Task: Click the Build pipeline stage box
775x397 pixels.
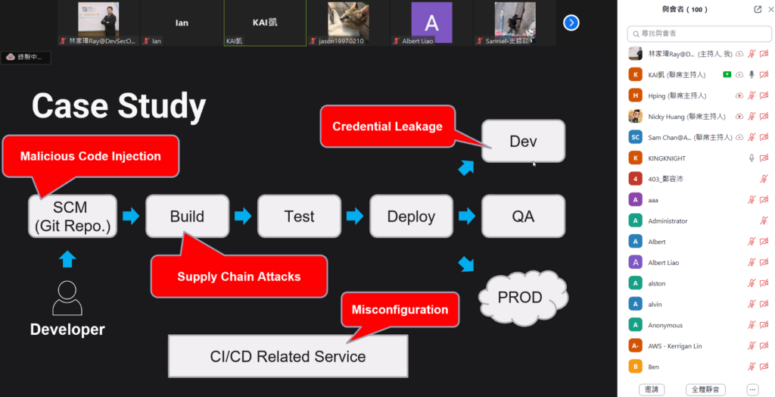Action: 187,217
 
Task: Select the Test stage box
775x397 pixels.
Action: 299,217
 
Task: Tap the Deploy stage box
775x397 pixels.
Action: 411,217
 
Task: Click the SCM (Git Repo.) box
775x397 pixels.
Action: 73,217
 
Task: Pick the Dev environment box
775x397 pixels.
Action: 523,142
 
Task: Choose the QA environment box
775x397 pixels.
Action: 523,217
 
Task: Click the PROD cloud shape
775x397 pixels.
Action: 520,297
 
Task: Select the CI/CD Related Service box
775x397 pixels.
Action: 288,356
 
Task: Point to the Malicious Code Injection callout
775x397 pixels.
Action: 91,157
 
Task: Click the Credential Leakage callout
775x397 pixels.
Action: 387,127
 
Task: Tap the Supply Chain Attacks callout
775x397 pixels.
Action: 239,277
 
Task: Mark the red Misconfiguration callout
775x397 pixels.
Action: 400,310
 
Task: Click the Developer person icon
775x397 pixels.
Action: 67,298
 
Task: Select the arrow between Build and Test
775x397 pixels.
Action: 243,217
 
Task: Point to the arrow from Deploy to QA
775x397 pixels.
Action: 467,217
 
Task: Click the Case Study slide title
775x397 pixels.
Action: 119,106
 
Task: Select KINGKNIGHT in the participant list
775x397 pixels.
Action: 666,158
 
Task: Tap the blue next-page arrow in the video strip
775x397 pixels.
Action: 571,23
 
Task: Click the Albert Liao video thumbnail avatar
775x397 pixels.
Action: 431,20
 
